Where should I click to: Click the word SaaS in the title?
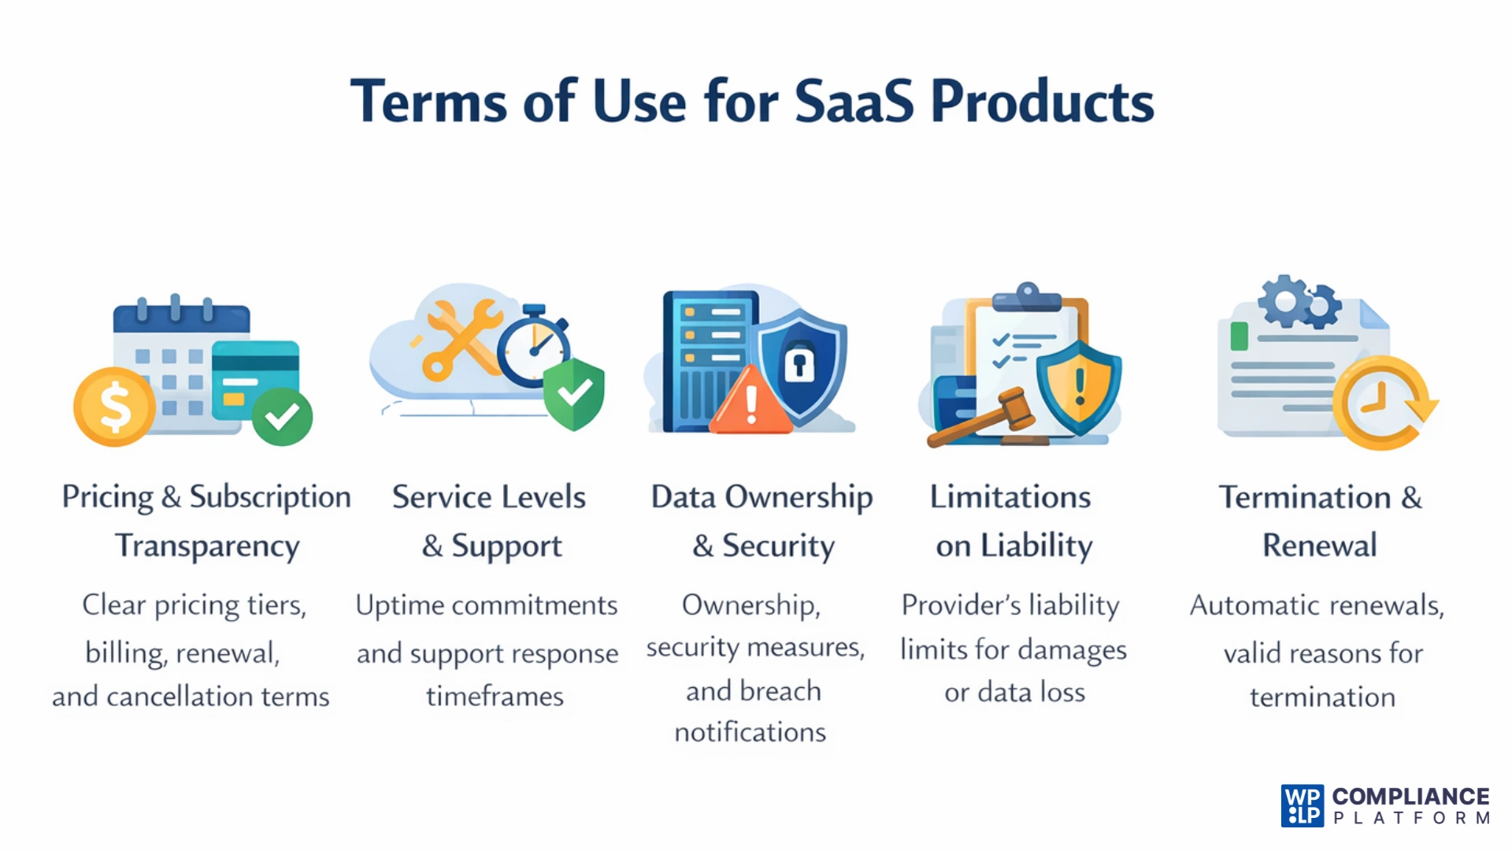pyautogui.click(x=854, y=102)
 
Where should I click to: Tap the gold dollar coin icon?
pyautogui.click(x=115, y=407)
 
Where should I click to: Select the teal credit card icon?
pyautogui.click(x=255, y=378)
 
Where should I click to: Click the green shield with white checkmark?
pyautogui.click(x=574, y=393)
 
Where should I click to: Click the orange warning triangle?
pyautogui.click(x=750, y=402)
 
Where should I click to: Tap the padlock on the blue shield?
pyautogui.click(x=799, y=362)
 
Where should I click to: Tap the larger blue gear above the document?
pyautogui.click(x=1284, y=300)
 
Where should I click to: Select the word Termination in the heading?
pyautogui.click(x=1304, y=497)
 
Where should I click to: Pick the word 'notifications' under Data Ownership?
pyautogui.click(x=750, y=733)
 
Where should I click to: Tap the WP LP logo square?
pyautogui.click(x=1302, y=806)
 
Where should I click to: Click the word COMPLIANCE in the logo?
pyautogui.click(x=1410, y=797)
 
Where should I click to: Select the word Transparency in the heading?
pyautogui.click(x=207, y=546)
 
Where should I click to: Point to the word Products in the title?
pyautogui.click(x=1042, y=102)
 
